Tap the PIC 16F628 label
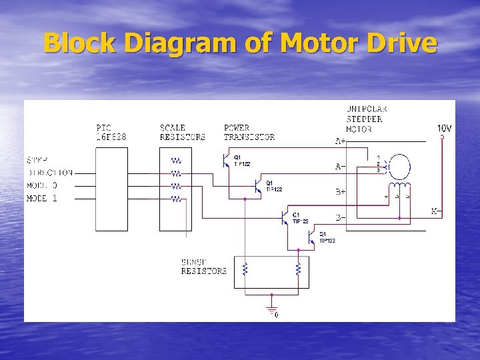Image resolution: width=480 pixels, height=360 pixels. click(111, 132)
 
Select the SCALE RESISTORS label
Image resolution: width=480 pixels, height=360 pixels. click(182, 132)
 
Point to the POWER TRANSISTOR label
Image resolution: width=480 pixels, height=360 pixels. click(249, 132)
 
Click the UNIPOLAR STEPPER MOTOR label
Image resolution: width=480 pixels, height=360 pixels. click(367, 119)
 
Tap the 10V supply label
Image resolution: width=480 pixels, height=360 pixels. click(444, 128)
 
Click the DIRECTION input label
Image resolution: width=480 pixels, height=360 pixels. click(51, 173)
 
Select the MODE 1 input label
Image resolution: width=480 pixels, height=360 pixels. click(42, 199)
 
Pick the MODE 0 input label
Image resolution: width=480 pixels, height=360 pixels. click(42, 185)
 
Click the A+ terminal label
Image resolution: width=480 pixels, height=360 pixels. click(340, 141)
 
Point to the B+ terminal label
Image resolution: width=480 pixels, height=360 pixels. click(340, 192)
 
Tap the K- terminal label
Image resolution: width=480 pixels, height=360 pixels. click(437, 211)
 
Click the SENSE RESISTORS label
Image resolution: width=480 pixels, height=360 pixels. click(204, 267)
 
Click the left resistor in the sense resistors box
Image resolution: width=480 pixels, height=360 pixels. click(245, 269)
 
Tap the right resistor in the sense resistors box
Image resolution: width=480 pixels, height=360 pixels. click(298, 269)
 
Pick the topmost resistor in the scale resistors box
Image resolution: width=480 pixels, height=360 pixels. click(177, 161)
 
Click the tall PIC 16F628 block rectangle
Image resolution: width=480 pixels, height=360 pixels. click(111, 189)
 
